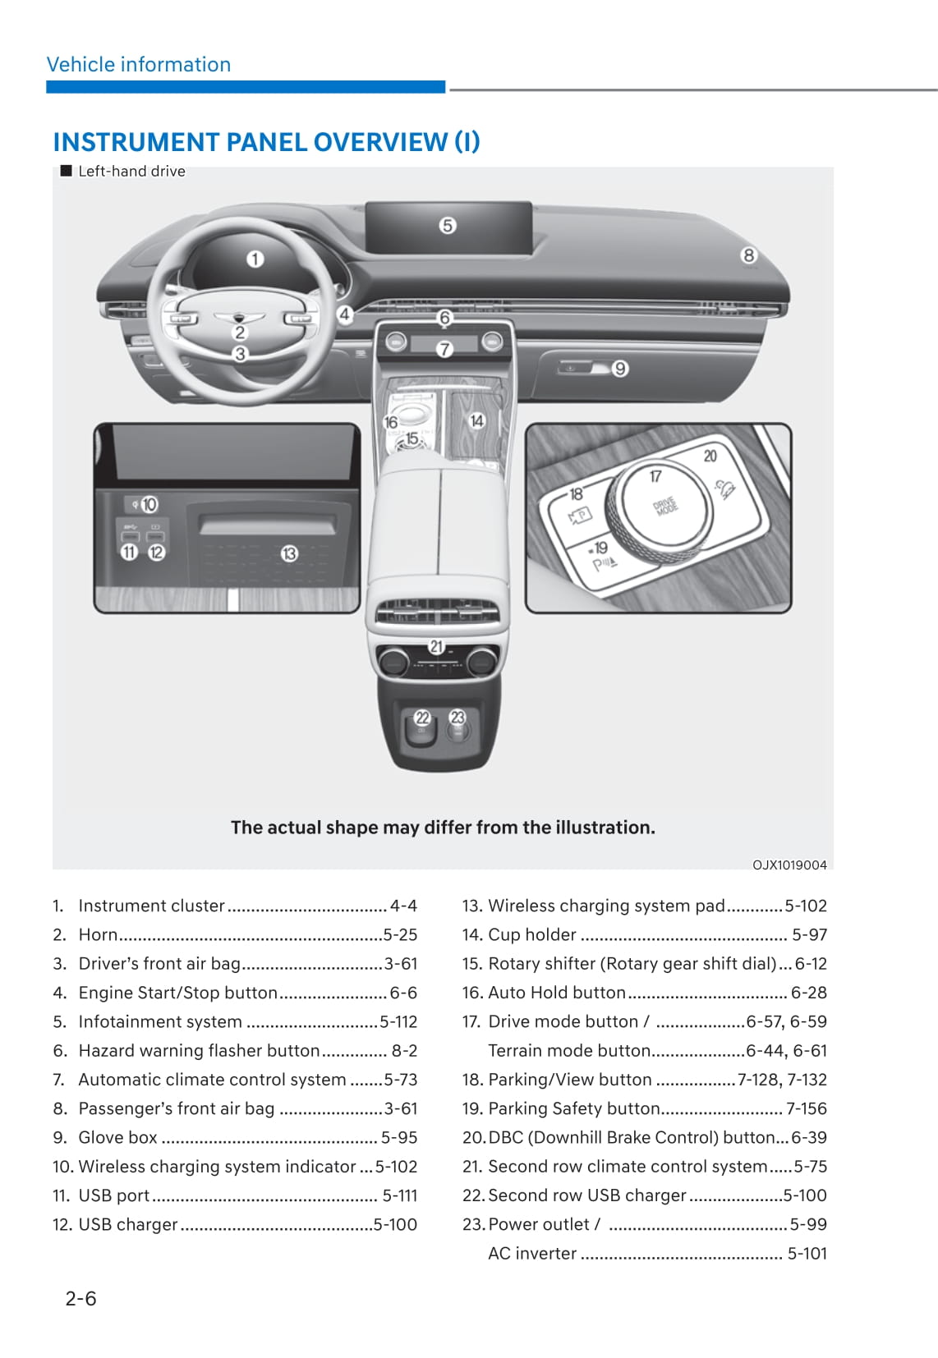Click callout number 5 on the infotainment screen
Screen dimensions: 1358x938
pos(447,225)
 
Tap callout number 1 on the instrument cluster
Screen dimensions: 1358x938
pos(255,259)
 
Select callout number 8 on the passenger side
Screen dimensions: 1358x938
pos(748,255)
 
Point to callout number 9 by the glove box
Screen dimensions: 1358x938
pos(620,369)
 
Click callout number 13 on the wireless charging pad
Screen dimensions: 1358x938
pos(289,554)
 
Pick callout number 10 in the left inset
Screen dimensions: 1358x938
pos(149,504)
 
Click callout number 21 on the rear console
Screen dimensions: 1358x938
pos(436,647)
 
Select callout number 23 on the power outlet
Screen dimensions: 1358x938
pos(458,718)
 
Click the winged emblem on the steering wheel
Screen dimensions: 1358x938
pos(240,318)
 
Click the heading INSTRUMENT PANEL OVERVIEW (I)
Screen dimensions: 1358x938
pos(266,142)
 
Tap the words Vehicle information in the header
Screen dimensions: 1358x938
pos(139,65)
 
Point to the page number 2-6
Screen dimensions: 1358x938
pos(80,1298)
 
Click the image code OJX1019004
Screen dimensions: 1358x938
pos(789,865)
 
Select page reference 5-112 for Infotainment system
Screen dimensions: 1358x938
pos(398,1021)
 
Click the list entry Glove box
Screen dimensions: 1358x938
pos(117,1137)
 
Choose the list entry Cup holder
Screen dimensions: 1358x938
pos(532,934)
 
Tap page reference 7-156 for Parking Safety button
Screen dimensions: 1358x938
pos(806,1108)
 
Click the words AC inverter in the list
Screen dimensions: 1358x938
pos(532,1253)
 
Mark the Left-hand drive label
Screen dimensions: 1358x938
pos(131,171)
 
